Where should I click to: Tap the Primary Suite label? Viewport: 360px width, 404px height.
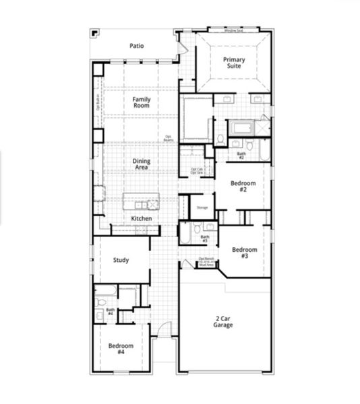[x=234, y=63]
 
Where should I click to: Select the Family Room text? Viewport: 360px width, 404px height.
[x=141, y=103]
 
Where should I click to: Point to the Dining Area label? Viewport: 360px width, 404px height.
[x=142, y=164]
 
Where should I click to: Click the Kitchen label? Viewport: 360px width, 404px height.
[x=141, y=219]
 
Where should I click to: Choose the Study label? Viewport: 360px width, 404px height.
[x=121, y=260]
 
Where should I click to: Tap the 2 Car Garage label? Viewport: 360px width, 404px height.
[x=223, y=322]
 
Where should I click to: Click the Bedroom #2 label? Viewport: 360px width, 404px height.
[x=241, y=187]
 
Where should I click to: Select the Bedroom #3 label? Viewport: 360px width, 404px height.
[x=245, y=252]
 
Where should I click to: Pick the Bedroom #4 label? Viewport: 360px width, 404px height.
[x=121, y=349]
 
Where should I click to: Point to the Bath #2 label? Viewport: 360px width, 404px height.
[x=241, y=156]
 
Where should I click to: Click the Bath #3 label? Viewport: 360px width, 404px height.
[x=205, y=239]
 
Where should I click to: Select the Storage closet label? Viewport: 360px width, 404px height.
[x=202, y=208]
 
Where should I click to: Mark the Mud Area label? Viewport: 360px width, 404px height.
[x=206, y=265]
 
